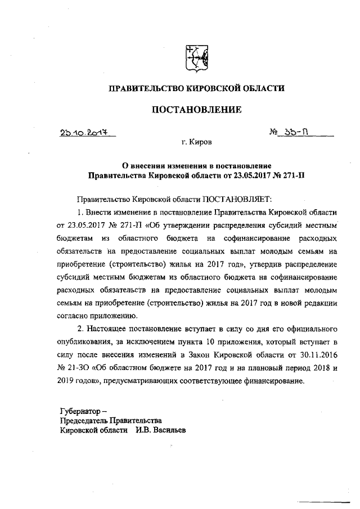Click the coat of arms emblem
tap(196, 56)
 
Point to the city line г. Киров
tap(197, 144)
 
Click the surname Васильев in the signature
tap(168, 430)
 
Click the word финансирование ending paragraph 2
tap(272, 381)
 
